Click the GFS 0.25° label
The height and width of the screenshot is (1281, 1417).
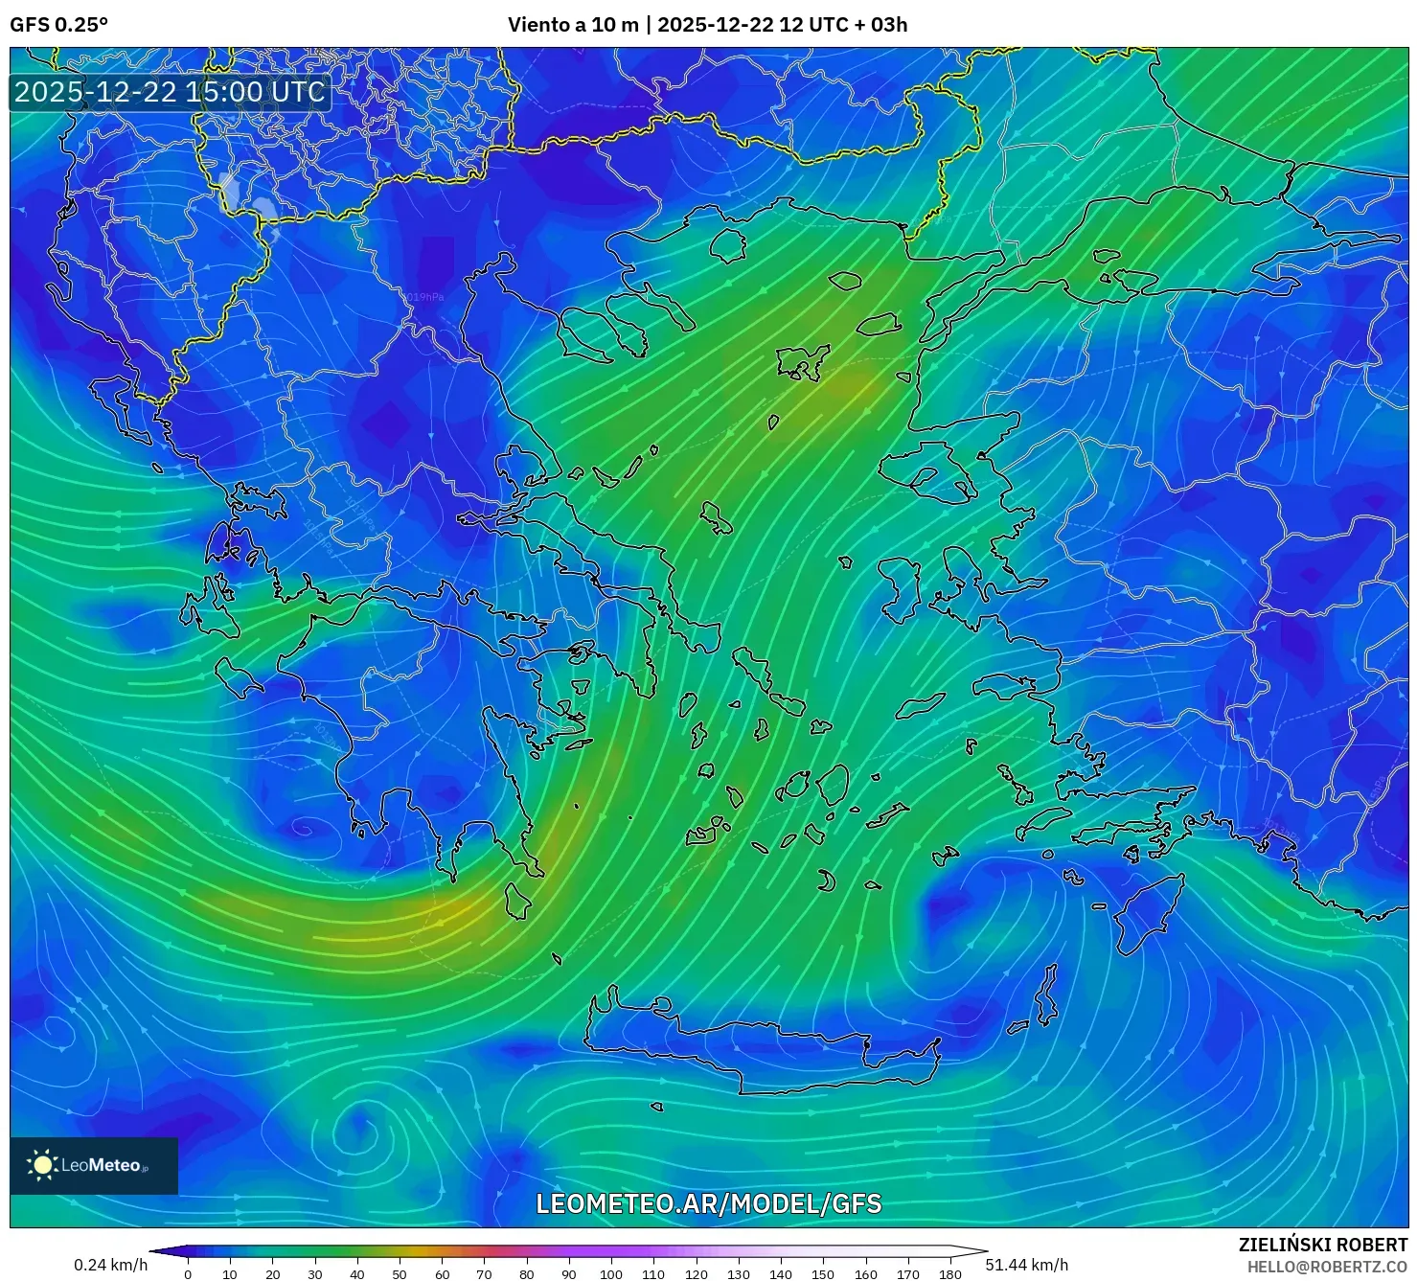point(58,25)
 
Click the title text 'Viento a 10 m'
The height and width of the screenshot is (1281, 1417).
point(573,25)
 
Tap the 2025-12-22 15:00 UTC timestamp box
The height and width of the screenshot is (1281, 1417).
point(170,92)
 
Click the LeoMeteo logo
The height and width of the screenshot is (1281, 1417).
point(94,1165)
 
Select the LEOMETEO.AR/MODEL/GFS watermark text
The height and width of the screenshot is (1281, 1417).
point(708,1204)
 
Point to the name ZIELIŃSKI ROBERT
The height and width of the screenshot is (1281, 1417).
point(1323,1246)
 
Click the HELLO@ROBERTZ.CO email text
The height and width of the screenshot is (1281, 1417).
point(1327,1267)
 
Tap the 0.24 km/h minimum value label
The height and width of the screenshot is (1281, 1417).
point(111,1265)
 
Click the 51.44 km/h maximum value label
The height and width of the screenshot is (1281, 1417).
point(1026,1265)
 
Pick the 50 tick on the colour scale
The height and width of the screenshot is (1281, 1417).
point(400,1273)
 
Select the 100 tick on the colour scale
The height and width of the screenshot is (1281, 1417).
point(611,1273)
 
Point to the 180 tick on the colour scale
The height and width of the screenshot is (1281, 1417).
point(949,1273)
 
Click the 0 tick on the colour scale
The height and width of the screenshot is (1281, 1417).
point(188,1273)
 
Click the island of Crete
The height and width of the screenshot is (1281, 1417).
point(757,1044)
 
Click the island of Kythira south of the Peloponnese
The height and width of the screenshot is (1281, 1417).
point(517,902)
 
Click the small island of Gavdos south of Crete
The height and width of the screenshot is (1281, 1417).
point(657,1108)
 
